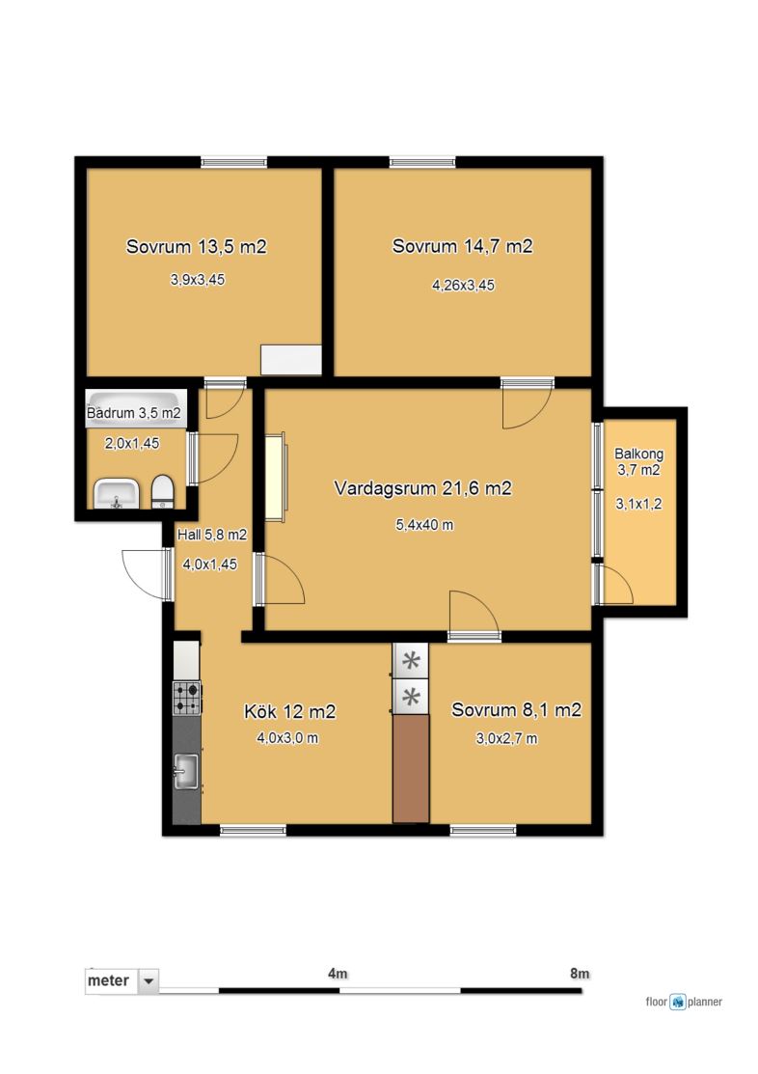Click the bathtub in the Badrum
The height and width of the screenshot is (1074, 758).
136,409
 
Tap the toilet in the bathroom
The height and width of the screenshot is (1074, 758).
162,492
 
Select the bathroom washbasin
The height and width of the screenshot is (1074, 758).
117,494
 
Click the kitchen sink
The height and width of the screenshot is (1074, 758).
185,771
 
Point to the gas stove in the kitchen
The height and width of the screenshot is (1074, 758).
187,698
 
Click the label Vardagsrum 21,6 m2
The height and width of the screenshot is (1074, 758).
422,488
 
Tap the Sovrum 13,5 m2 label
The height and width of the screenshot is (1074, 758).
197,247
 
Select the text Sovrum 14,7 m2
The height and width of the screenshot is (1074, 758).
462,246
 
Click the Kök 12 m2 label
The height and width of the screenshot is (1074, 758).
289,712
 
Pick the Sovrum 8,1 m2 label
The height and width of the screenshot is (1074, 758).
516,709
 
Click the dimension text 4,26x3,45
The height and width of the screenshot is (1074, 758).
463,285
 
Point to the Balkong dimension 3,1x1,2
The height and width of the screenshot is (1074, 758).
638,504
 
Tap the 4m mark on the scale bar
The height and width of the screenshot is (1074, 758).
338,974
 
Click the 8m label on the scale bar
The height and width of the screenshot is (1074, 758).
580,974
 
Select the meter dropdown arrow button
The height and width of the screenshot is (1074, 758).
149,980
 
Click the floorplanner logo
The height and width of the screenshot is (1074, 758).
684,1002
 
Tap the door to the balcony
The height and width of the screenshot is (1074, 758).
614,584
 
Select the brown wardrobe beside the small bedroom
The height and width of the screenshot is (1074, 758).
411,768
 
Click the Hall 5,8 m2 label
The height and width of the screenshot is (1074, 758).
211,535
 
